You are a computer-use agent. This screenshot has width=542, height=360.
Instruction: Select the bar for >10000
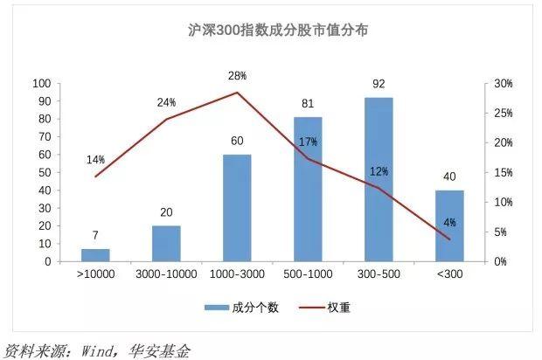click(x=95, y=255)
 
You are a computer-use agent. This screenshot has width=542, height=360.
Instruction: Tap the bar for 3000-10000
click(x=166, y=244)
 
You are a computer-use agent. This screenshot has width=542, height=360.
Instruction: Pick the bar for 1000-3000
click(x=237, y=208)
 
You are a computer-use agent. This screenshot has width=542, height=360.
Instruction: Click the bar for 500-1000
click(x=308, y=189)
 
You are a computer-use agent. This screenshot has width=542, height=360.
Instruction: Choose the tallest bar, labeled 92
click(x=379, y=179)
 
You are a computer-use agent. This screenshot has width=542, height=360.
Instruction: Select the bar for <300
click(x=449, y=225)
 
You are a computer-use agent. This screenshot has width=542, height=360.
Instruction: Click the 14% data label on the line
click(x=95, y=160)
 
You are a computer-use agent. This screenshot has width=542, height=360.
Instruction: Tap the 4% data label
click(x=449, y=223)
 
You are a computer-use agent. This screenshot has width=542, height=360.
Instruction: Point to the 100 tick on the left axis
click(x=40, y=84)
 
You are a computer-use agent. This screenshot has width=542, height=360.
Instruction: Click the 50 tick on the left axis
click(x=43, y=173)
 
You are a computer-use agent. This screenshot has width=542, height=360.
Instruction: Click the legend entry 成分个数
click(x=247, y=308)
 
